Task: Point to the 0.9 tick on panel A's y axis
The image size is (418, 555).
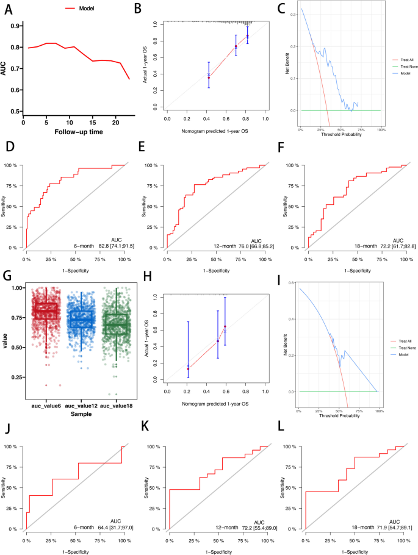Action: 13,26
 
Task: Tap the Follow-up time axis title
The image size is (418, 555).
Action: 77,132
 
